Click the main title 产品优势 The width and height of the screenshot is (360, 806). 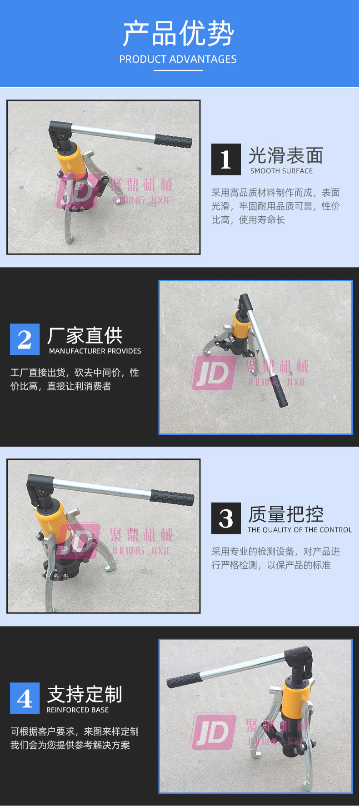click(x=179, y=34)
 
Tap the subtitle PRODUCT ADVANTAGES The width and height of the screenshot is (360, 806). click(x=178, y=59)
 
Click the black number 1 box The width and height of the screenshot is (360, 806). click(x=226, y=159)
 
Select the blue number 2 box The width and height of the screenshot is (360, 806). click(x=25, y=339)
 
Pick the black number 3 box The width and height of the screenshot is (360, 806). click(x=226, y=518)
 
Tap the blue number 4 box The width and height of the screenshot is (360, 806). click(x=25, y=698)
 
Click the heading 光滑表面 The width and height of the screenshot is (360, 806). click(x=286, y=156)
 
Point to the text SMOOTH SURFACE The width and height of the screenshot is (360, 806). click(x=281, y=171)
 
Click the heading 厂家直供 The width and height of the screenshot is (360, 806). click(x=85, y=336)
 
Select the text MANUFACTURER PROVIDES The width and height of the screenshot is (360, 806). click(x=95, y=351)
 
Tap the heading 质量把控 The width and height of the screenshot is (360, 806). click(x=286, y=515)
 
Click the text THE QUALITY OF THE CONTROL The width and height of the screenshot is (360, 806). click(x=300, y=530)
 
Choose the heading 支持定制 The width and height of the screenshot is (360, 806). click(x=85, y=695)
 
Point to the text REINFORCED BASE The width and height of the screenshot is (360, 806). click(x=78, y=710)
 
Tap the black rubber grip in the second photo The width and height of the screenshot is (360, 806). click(x=278, y=391)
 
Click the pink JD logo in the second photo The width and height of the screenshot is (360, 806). click(x=214, y=373)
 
